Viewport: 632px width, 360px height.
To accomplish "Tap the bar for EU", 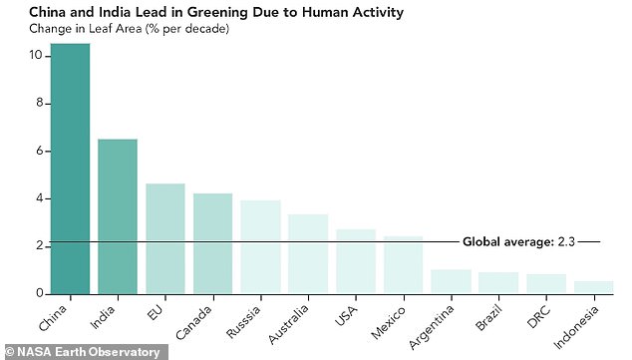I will pos(164,238).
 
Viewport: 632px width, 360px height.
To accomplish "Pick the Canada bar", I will pos(212,243).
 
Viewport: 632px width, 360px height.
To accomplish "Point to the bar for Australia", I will pos(308,254).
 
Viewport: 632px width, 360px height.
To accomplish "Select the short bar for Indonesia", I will pos(595,287).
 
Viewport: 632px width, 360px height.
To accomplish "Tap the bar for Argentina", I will pos(452,281).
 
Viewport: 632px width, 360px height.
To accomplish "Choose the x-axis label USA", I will pos(345,313).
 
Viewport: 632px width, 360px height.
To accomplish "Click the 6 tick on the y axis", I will pos(38,151).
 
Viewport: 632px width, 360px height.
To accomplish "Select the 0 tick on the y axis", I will pos(38,293).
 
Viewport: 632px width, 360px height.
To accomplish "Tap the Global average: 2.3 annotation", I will pos(516,242).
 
